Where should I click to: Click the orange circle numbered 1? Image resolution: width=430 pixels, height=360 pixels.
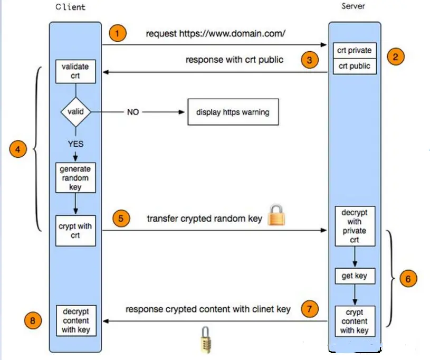pyautogui.click(x=118, y=33)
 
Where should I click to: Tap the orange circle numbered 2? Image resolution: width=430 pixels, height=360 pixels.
pyautogui.click(x=395, y=56)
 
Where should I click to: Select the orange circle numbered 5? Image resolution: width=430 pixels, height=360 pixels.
pyautogui.click(x=121, y=219)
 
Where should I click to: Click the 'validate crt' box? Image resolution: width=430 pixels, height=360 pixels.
pyautogui.click(x=75, y=71)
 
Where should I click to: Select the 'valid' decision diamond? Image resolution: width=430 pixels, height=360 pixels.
pyautogui.click(x=75, y=112)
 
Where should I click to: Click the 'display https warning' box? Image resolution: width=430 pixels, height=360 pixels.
pyautogui.click(x=233, y=112)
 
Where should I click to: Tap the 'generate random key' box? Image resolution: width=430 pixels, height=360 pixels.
pyautogui.click(x=75, y=178)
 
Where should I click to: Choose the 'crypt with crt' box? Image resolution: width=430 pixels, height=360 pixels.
pyautogui.click(x=75, y=231)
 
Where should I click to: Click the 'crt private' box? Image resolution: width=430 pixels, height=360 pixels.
pyautogui.click(x=354, y=51)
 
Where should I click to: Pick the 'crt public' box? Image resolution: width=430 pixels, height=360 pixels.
pyautogui.click(x=354, y=66)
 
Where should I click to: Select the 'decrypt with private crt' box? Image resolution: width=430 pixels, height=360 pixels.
pyautogui.click(x=354, y=226)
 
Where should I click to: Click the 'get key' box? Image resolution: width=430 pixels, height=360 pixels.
pyautogui.click(x=354, y=276)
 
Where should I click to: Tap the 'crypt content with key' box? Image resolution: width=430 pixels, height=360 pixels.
pyautogui.click(x=354, y=321)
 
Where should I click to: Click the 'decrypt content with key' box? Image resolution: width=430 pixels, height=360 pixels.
pyautogui.click(x=75, y=321)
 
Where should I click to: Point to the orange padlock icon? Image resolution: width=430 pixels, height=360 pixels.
pyautogui.click(x=277, y=215)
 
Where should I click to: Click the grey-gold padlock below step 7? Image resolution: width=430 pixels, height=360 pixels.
pyautogui.click(x=205, y=339)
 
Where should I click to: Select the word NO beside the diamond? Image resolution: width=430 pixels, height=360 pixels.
pyautogui.click(x=133, y=112)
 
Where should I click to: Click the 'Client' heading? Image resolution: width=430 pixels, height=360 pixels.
pyautogui.click(x=70, y=7)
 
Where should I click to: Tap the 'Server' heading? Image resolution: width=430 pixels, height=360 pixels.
pyautogui.click(x=353, y=6)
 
